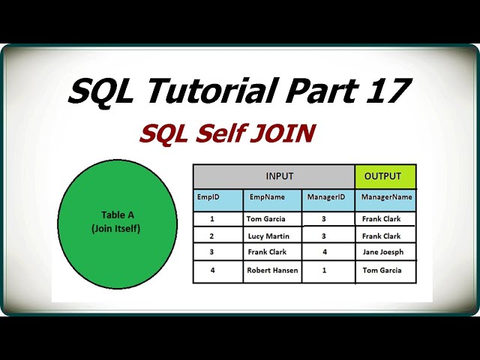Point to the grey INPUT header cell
pyautogui.click(x=274, y=176)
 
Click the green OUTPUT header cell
pyautogui.click(x=385, y=176)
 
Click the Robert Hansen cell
pyautogui.click(x=271, y=270)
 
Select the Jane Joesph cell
pyautogui.click(x=382, y=253)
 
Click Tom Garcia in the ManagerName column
pyautogui.click(x=382, y=270)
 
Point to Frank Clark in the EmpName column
pyautogui.click(x=268, y=253)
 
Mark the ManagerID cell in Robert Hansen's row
pyautogui.click(x=325, y=270)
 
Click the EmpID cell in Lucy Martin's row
pyautogui.click(x=212, y=236)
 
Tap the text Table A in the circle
pyautogui.click(x=118, y=215)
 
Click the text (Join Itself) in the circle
pyautogui.click(x=118, y=228)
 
